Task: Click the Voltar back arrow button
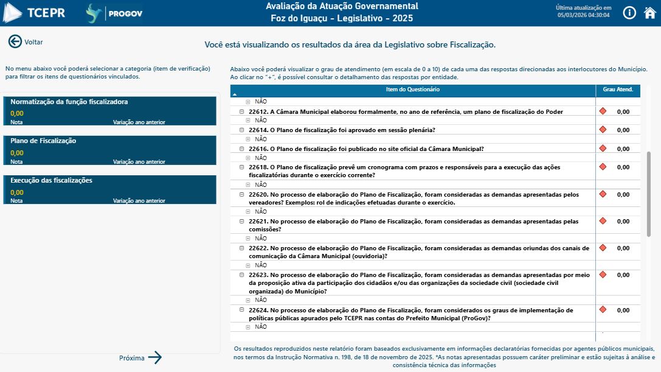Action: [x=15, y=41]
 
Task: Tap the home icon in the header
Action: [x=649, y=13]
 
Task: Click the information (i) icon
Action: [x=629, y=13]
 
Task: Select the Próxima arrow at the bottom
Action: [x=154, y=358]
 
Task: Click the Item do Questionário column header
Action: [x=413, y=90]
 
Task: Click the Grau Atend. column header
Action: [x=618, y=90]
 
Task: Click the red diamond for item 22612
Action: [x=603, y=111]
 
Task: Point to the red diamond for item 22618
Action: [x=603, y=167]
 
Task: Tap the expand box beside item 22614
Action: [x=241, y=130]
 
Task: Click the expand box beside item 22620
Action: [x=241, y=195]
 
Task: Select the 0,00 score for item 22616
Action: [x=623, y=149]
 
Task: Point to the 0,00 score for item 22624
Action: [x=623, y=311]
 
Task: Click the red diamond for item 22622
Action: [x=603, y=248]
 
